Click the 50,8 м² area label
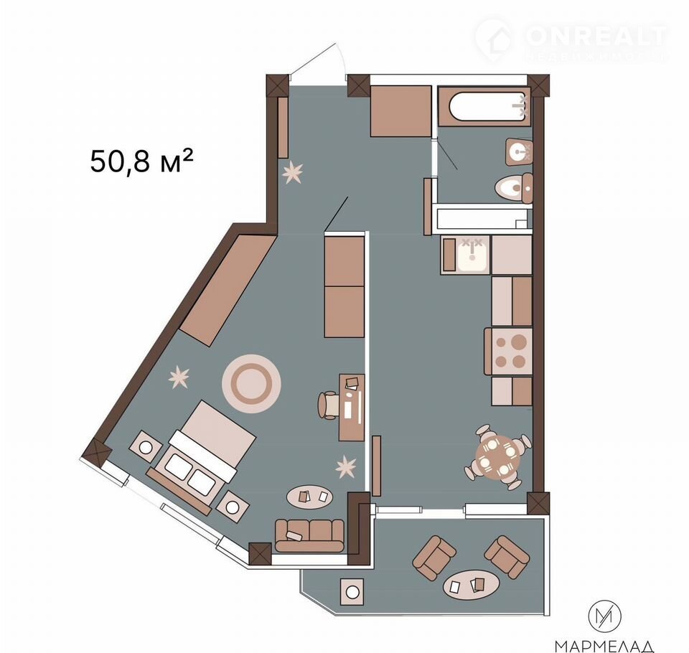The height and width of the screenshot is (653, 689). tap(141, 161)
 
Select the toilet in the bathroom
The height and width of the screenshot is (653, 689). tap(514, 188)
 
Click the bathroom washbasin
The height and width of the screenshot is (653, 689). tap(519, 152)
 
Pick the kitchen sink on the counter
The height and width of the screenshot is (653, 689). tap(472, 255)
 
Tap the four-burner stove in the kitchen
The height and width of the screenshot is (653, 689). tap(509, 352)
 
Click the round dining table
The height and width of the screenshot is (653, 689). tap(498, 457)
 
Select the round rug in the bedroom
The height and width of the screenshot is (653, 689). tap(251, 384)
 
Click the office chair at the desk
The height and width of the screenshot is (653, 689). tap(329, 404)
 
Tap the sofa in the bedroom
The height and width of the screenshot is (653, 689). tap(309, 535)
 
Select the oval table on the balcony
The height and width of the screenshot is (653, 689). tap(471, 584)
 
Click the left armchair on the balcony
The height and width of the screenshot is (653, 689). tap(433, 558)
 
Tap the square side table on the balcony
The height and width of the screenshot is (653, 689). tap(352, 592)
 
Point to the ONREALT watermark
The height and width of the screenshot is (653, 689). tap(571, 40)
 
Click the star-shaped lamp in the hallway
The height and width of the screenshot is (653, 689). tap(292, 172)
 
